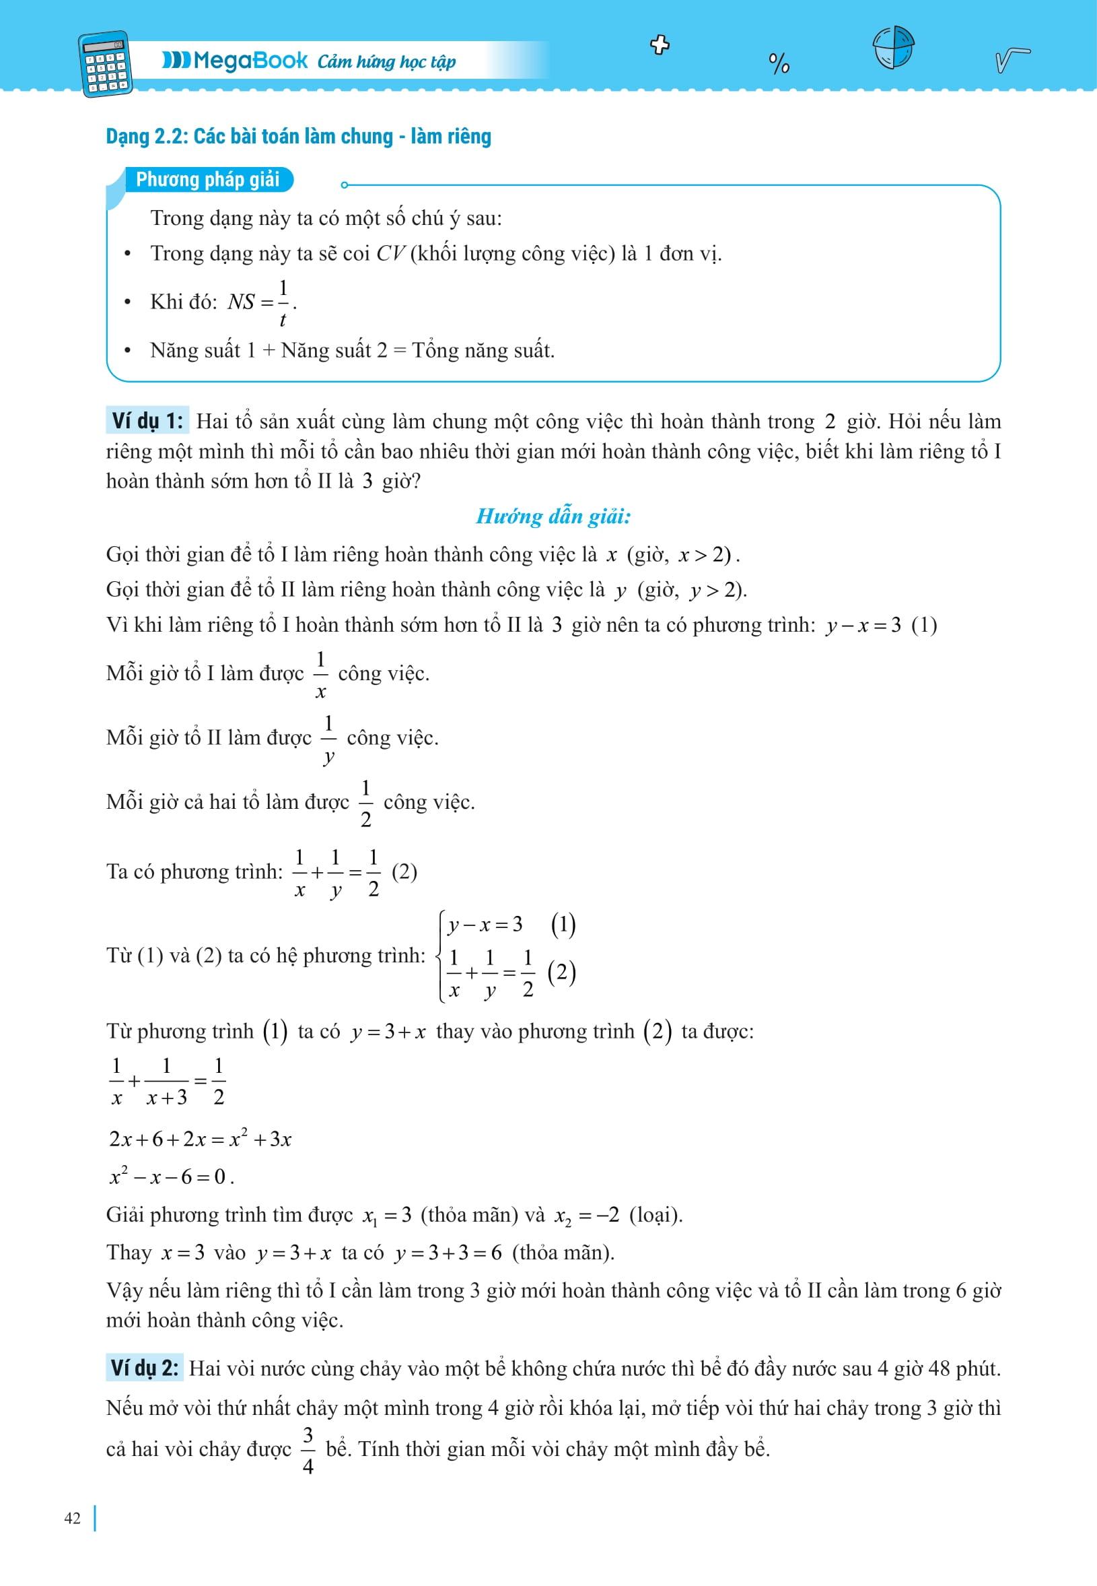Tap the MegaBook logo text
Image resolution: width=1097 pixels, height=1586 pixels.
point(235,61)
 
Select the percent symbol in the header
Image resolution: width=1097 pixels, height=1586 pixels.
point(779,64)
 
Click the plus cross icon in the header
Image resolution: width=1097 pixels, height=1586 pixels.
point(660,45)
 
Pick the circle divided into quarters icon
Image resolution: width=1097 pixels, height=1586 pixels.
point(894,47)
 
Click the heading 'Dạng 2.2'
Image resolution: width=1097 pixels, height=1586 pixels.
point(298,136)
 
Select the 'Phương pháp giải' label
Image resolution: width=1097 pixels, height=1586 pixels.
point(207,180)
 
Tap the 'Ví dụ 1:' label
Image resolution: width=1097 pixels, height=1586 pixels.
point(147,421)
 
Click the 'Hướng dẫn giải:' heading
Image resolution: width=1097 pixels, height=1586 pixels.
point(553,517)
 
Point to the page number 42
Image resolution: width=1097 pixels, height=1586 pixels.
point(72,1518)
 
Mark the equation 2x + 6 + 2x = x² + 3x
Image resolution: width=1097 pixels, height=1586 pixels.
point(200,1139)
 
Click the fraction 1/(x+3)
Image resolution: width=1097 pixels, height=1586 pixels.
point(166,1081)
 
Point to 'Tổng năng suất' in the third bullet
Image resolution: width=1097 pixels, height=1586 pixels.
point(483,351)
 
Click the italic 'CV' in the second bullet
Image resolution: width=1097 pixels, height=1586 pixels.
point(390,254)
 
